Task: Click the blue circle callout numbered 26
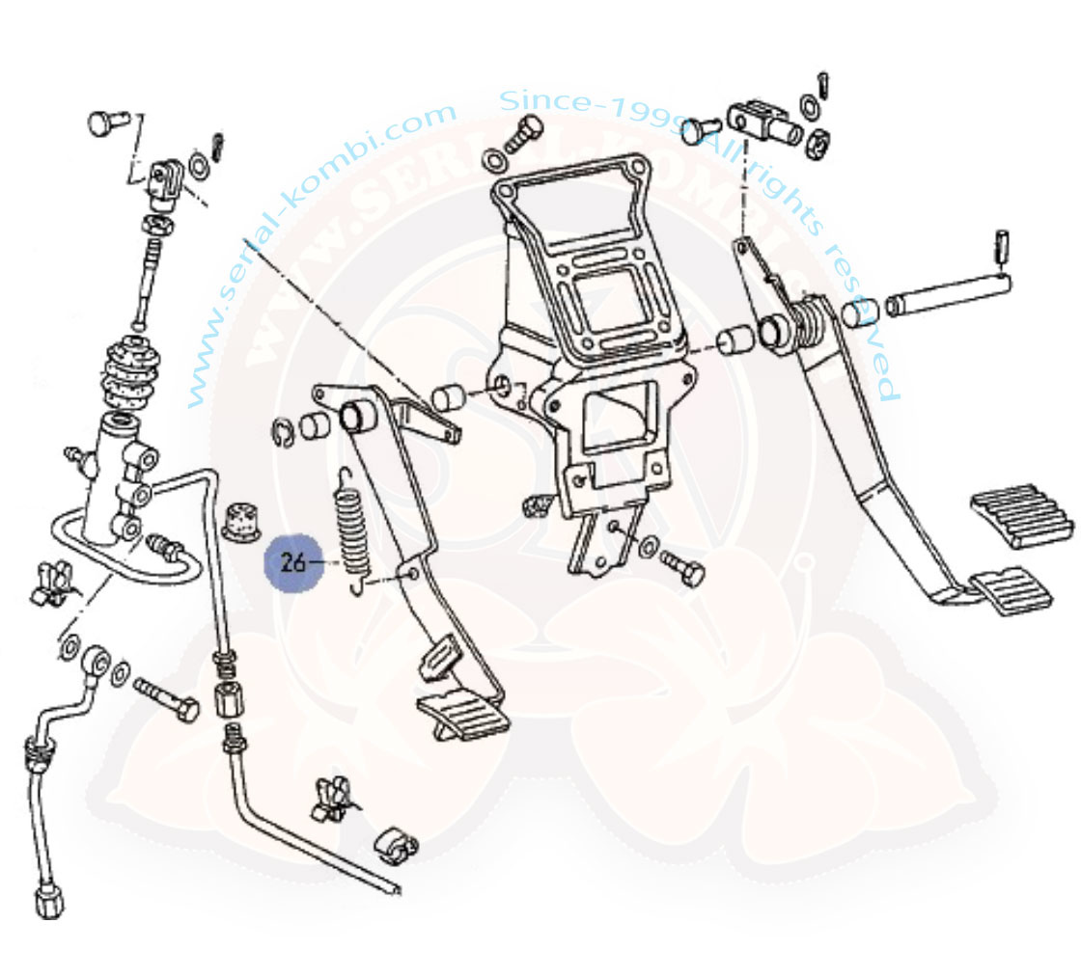(x=292, y=561)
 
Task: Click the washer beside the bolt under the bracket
(x=651, y=547)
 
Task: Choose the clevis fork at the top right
(x=762, y=120)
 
